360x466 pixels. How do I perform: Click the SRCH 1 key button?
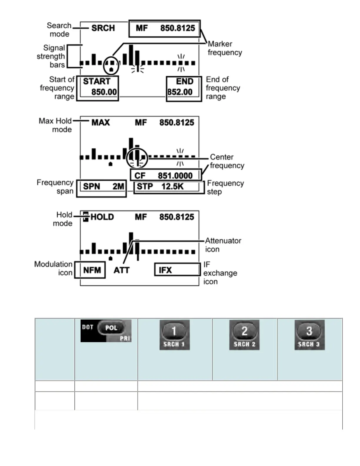coord(174,335)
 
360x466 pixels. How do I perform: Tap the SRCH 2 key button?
coord(244,335)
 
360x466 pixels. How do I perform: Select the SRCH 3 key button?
coord(309,335)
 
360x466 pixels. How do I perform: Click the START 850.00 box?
coord(98,88)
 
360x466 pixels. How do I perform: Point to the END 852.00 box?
coord(184,89)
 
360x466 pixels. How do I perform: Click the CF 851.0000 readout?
coord(166,175)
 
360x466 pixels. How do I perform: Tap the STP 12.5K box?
coord(169,187)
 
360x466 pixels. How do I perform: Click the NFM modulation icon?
coord(90,270)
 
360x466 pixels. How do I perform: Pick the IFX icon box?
coord(177,269)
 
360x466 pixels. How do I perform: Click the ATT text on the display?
coord(121,270)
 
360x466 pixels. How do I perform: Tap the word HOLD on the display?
coord(102,217)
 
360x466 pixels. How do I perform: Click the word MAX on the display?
coord(101,122)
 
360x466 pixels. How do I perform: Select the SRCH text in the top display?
coord(103,28)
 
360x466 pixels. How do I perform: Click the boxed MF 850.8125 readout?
coord(165,29)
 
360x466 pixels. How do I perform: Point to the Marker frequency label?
coord(225,48)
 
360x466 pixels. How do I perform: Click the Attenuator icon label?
coord(223,245)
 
